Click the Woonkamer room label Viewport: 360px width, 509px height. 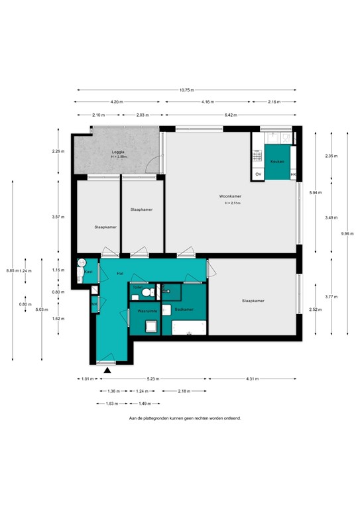tap(230, 196)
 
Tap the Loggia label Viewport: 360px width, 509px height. tap(118, 152)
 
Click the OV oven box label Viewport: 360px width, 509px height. tap(258, 174)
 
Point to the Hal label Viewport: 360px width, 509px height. tap(120, 273)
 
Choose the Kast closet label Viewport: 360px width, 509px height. tap(88, 272)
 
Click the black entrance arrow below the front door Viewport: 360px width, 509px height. tap(107, 370)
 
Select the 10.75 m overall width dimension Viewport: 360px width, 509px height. tap(186, 89)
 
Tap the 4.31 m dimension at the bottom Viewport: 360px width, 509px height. tap(252, 379)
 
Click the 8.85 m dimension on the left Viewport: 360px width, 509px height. tap(10, 270)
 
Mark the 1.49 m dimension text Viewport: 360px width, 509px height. tap(145, 403)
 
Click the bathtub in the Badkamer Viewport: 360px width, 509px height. tap(190, 327)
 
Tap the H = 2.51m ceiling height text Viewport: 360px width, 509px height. tap(233, 203)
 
